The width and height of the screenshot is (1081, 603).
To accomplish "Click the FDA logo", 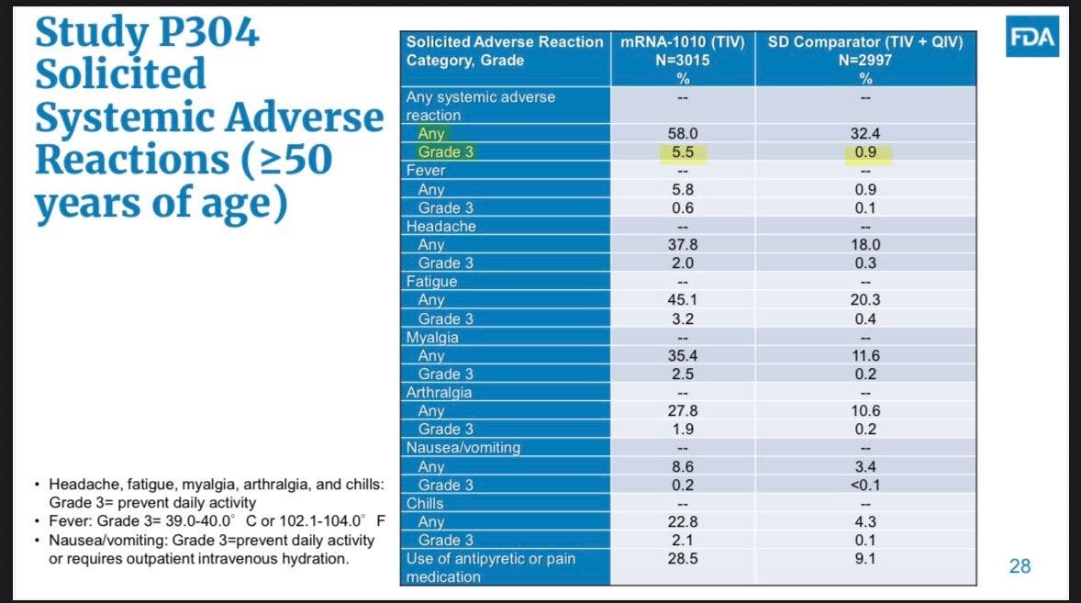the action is pyautogui.click(x=1032, y=37).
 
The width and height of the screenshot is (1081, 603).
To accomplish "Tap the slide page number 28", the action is pyautogui.click(x=1020, y=565).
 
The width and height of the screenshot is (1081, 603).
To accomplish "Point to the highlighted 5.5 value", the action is pyautogui.click(x=683, y=152).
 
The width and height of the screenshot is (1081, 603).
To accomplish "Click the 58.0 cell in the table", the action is pyautogui.click(x=683, y=134).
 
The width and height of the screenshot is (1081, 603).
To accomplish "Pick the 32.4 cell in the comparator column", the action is pyautogui.click(x=865, y=134).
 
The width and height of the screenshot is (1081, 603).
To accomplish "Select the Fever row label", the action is pyautogui.click(x=426, y=170).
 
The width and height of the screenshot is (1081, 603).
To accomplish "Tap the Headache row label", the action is pyautogui.click(x=440, y=226).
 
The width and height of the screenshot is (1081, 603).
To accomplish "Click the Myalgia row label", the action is pyautogui.click(x=432, y=337).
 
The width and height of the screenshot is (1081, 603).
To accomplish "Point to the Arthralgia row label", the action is pyautogui.click(x=439, y=392).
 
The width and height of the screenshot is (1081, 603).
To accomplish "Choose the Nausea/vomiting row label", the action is pyautogui.click(x=463, y=447).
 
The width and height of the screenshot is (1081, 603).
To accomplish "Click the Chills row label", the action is pyautogui.click(x=425, y=503).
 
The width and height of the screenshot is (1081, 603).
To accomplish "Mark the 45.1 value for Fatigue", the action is pyautogui.click(x=683, y=300).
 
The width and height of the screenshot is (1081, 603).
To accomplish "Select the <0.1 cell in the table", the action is pyautogui.click(x=865, y=486).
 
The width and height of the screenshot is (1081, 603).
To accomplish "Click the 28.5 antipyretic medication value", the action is pyautogui.click(x=683, y=559).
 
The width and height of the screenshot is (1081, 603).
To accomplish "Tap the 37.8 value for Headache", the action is pyautogui.click(x=683, y=245).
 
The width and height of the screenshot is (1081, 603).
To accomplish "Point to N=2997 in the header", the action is pyautogui.click(x=865, y=61).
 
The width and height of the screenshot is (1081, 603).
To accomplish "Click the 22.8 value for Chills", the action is pyautogui.click(x=683, y=521).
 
